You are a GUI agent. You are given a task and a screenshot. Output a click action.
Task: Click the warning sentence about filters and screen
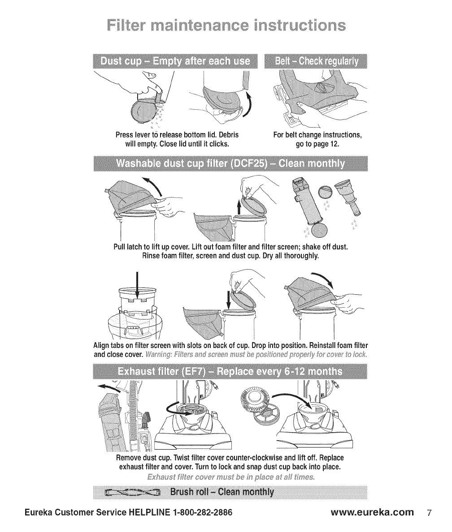256,355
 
